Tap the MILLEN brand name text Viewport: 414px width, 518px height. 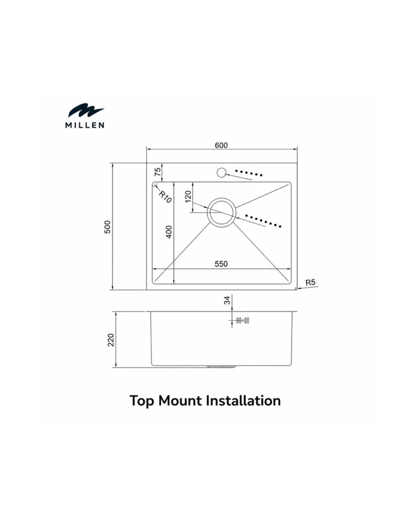[x=85, y=125]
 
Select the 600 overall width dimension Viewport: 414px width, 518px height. [x=221, y=145]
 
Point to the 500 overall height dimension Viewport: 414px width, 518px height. [x=108, y=227]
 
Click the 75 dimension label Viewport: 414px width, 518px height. [x=158, y=172]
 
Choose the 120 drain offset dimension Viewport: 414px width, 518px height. [x=188, y=197]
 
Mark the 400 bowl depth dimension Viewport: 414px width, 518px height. [x=169, y=232]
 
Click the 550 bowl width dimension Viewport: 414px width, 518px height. [x=221, y=264]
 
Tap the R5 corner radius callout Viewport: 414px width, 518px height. [x=310, y=282]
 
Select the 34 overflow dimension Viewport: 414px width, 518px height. [x=227, y=300]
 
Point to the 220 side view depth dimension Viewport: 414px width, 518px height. [x=111, y=340]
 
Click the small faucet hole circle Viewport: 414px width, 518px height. [x=221, y=172]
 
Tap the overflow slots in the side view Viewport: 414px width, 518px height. [x=243, y=320]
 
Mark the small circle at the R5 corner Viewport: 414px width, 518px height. [x=296, y=289]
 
